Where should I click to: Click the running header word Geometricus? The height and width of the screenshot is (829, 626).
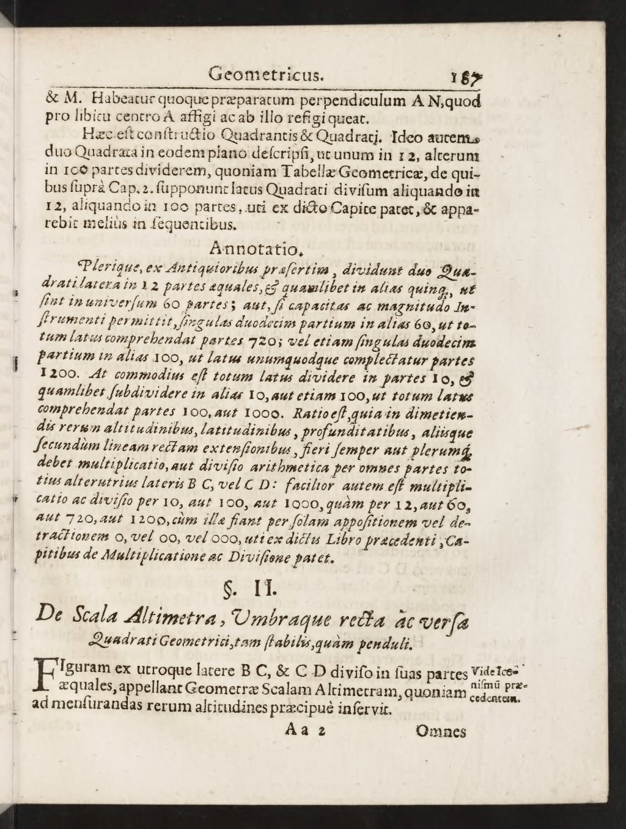coord(265,76)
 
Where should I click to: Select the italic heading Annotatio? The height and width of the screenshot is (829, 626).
coord(256,249)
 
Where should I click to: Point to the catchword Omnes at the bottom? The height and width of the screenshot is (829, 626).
coord(440,731)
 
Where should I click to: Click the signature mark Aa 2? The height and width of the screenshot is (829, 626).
coord(304,731)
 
